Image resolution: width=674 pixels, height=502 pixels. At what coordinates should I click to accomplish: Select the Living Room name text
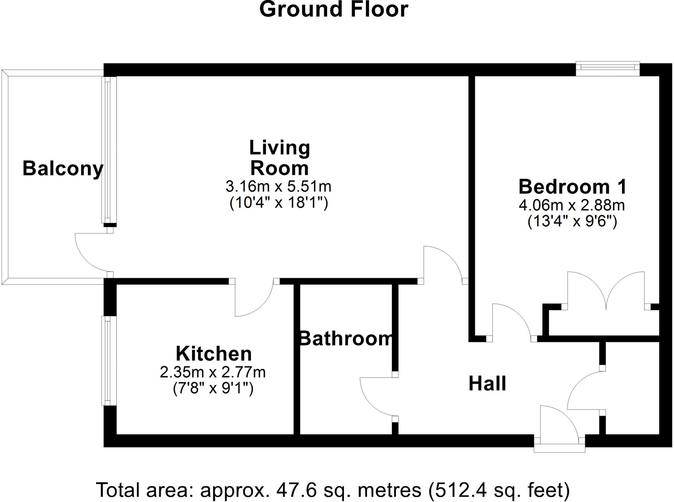(279, 158)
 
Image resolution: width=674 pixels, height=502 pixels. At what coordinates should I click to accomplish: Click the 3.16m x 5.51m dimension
(278, 187)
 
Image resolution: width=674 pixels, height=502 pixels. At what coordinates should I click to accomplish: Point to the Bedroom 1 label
(572, 187)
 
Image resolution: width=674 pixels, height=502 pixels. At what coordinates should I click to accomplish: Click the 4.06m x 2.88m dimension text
(572, 205)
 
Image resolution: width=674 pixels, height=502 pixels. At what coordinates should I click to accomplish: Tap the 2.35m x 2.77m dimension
(213, 372)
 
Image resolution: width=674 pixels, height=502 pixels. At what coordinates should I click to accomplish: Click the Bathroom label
(346, 338)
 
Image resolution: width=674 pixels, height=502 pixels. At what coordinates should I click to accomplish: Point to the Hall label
(487, 383)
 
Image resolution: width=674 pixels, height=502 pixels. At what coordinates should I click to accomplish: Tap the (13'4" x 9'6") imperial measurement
(572, 222)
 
